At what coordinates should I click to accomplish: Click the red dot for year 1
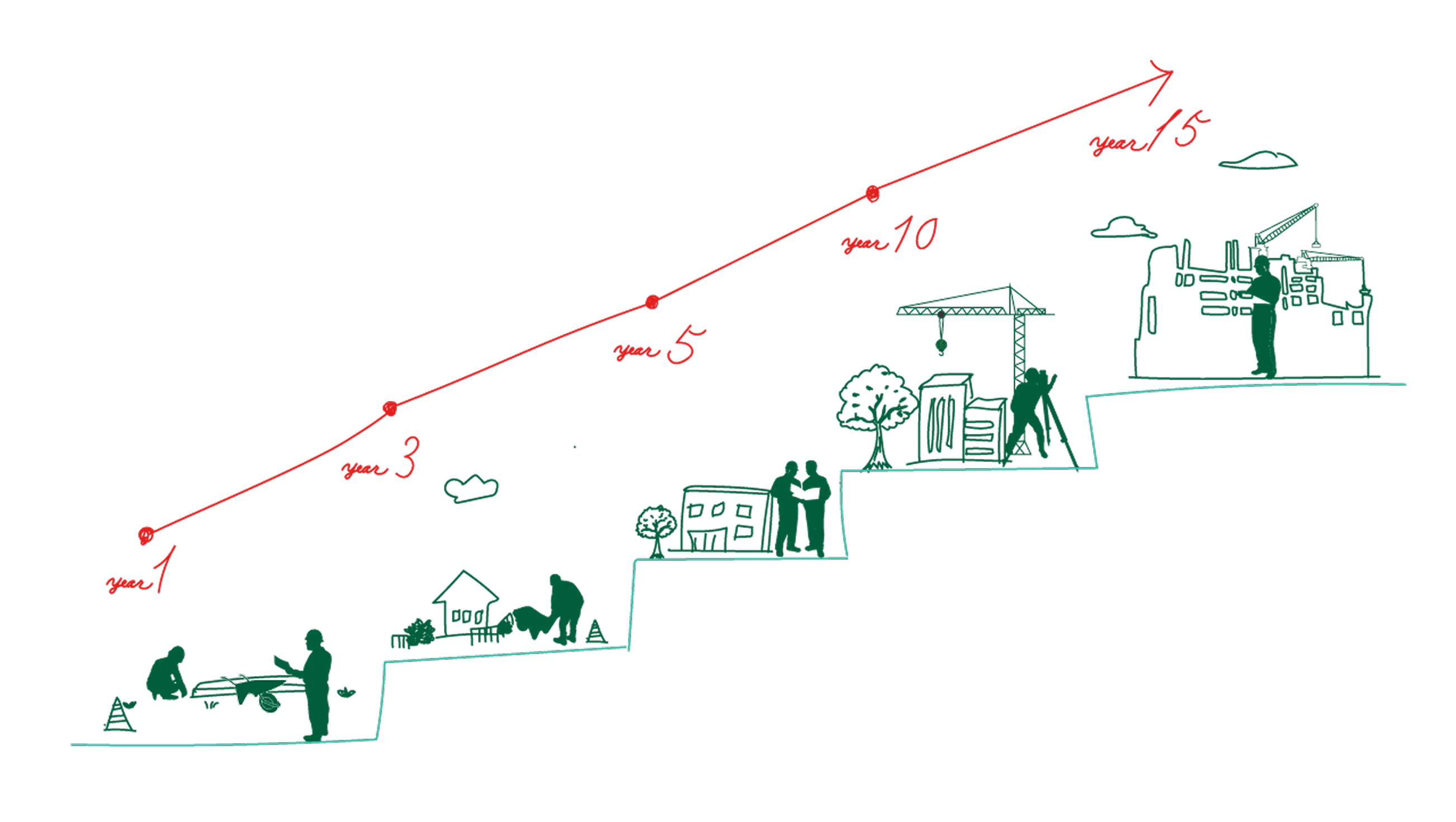(146, 534)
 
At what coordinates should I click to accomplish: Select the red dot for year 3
(389, 409)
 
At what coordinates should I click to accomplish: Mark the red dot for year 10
(873, 194)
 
